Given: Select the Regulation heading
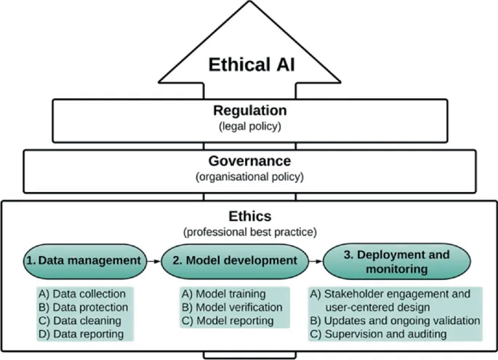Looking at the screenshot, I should coord(249,111).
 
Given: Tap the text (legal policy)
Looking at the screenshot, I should coord(249,127).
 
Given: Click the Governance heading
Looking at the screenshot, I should coord(249,161).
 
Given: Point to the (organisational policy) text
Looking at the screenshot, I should coord(249,177).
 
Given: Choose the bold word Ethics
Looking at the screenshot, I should coord(249,216).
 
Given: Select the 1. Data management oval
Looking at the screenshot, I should coord(82,260).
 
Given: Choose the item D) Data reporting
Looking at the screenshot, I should coord(81,334).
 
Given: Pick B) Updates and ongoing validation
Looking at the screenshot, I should coord(395,321).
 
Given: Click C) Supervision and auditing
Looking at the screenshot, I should coord(378,334).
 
